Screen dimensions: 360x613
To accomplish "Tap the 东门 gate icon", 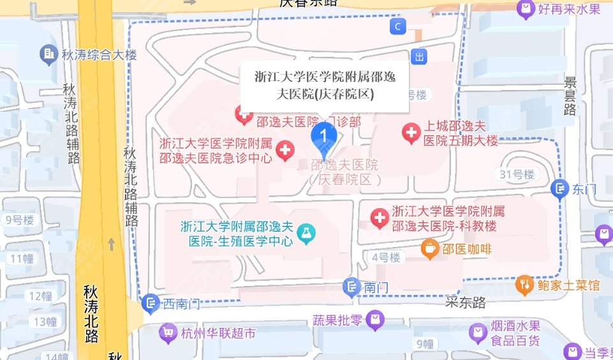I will click(559, 189).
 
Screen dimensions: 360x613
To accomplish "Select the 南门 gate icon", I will click(351, 288).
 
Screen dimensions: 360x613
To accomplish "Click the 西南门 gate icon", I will click(151, 303).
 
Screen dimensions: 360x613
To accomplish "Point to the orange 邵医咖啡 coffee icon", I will click(431, 249).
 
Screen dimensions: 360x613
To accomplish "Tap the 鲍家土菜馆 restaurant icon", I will click(525, 284).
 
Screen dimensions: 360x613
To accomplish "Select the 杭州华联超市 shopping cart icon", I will click(168, 333).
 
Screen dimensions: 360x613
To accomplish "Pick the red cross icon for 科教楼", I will click(380, 219).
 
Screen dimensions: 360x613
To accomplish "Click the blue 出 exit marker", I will click(419, 56).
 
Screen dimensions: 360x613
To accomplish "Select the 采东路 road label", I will click(466, 303).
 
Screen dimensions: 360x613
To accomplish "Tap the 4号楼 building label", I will click(386, 257).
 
